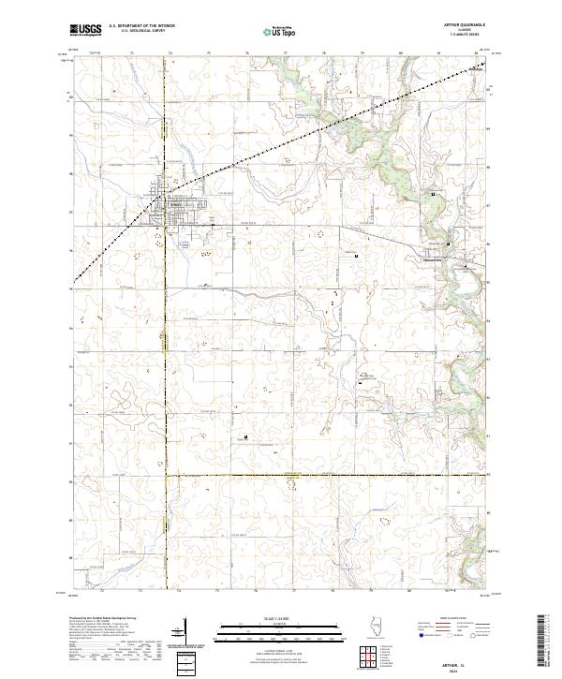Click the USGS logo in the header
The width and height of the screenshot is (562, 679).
coord(85,31)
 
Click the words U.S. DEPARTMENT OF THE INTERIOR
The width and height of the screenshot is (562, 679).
coord(141,26)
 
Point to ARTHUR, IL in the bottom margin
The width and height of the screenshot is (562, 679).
coord(467,663)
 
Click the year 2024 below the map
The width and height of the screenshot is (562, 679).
coord(467,671)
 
